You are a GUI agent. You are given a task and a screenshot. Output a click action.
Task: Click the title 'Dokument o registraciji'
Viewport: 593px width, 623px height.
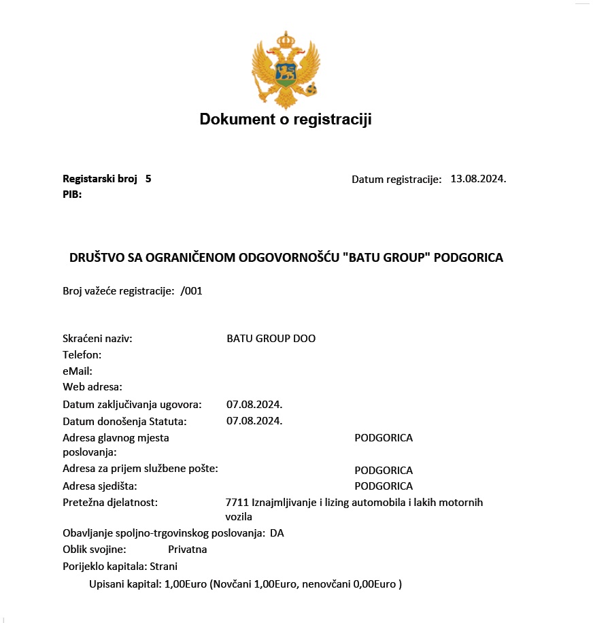[286, 120]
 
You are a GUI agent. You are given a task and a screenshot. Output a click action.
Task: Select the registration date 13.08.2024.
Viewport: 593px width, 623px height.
[478, 179]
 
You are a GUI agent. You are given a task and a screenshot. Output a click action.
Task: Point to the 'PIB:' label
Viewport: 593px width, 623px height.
[72, 195]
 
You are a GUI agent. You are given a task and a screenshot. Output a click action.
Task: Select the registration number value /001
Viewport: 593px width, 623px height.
[192, 291]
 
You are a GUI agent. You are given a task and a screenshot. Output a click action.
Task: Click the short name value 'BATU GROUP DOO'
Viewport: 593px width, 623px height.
[271, 338]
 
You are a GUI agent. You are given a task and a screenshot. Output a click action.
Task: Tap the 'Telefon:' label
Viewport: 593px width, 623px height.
[82, 354]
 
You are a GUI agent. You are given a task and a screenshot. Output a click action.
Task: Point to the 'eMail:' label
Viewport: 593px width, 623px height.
[78, 371]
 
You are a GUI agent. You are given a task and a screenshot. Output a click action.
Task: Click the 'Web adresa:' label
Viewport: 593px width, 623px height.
[92, 387]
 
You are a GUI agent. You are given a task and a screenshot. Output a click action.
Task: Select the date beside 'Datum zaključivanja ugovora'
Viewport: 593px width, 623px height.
[254, 405]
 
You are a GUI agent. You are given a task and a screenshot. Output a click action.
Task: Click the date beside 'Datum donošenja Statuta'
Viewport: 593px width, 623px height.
[254, 420]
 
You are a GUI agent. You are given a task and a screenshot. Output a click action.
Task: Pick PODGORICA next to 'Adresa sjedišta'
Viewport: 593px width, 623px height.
[384, 486]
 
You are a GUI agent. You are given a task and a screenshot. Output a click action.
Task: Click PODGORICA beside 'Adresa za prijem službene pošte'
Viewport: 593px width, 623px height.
[384, 471]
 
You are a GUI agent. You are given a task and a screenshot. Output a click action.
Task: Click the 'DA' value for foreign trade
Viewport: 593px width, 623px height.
[277, 533]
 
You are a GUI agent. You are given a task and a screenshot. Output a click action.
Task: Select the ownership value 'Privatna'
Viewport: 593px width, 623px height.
[188, 549]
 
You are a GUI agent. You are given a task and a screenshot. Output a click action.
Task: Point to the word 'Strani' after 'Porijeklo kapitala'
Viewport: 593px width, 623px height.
[163, 566]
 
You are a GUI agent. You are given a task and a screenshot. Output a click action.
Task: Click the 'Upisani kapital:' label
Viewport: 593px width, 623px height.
[125, 584]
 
